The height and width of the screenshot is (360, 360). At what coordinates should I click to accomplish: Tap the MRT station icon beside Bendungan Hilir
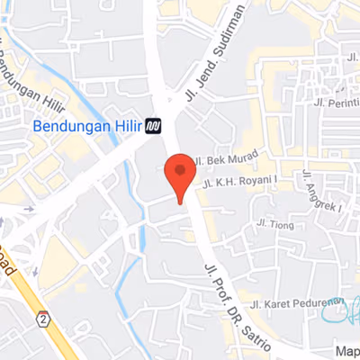point(154,126)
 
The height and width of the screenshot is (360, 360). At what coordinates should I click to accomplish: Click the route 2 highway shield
point(42,319)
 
